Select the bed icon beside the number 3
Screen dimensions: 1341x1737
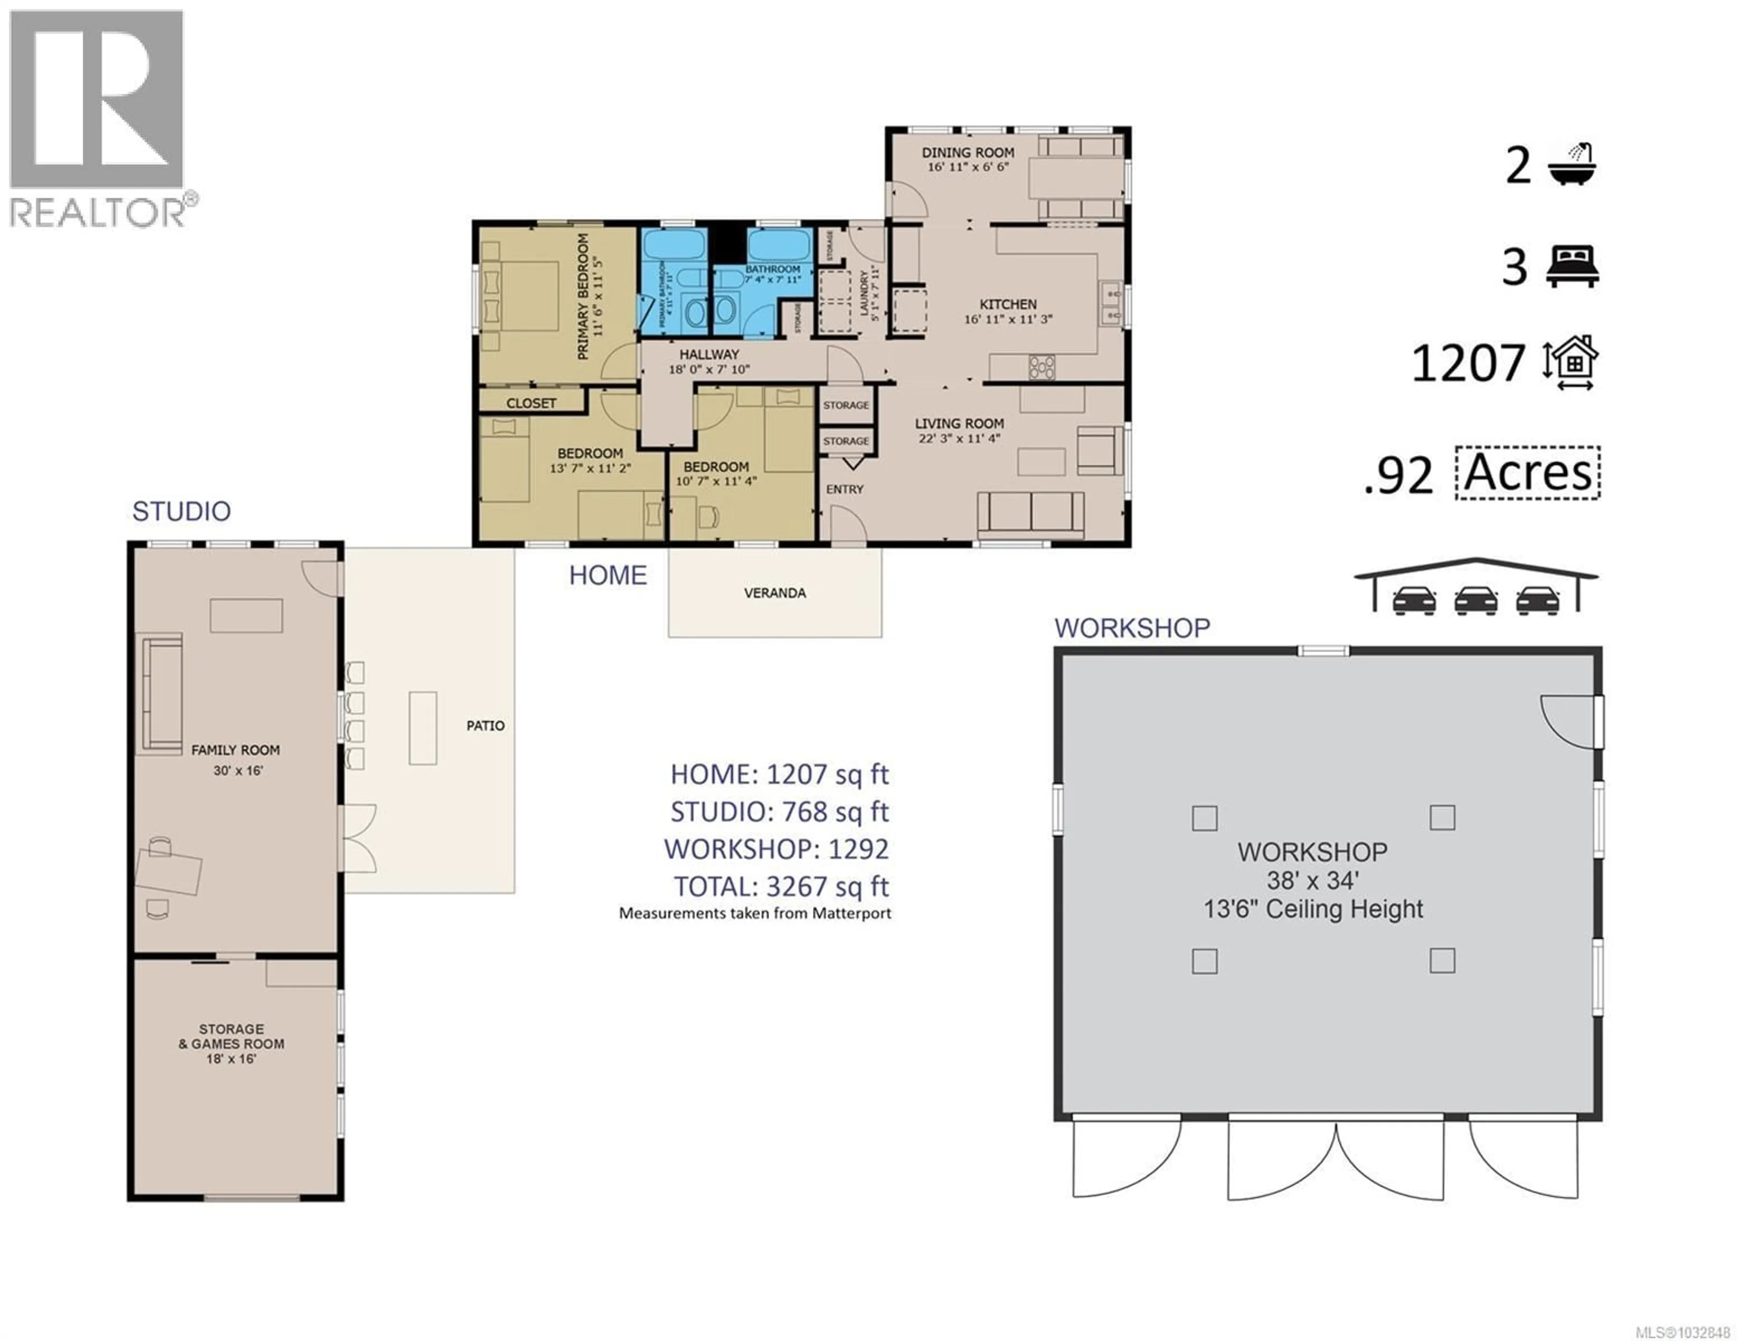[1571, 267]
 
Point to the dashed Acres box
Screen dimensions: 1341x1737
[1527, 473]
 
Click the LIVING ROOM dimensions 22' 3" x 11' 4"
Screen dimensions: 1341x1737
[959, 438]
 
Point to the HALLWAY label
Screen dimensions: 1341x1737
[709, 354]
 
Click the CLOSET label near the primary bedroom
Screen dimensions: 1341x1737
[532, 403]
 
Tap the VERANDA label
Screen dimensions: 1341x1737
[775, 593]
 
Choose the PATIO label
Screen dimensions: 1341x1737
[485, 726]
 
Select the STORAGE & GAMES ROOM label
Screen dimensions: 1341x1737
[232, 1036]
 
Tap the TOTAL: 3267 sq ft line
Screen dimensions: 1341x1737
[781, 886]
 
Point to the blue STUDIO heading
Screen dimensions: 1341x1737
[181, 511]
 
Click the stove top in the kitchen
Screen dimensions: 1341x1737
[1042, 367]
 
